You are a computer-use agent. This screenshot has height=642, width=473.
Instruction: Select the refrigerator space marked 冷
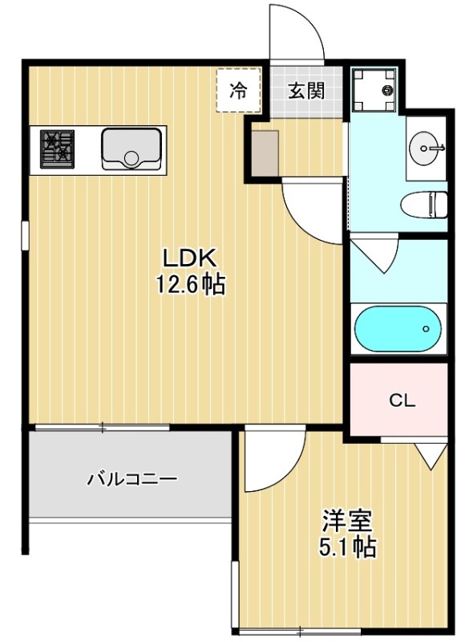238,91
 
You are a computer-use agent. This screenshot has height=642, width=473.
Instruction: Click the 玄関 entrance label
305,91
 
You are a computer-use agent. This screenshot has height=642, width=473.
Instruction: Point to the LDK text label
191,258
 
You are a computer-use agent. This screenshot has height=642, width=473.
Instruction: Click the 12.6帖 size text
191,284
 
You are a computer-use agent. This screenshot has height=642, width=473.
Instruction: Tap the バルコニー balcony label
132,479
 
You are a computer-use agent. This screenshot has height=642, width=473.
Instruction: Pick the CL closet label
402,401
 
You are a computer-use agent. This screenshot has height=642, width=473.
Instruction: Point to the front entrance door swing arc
298,32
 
